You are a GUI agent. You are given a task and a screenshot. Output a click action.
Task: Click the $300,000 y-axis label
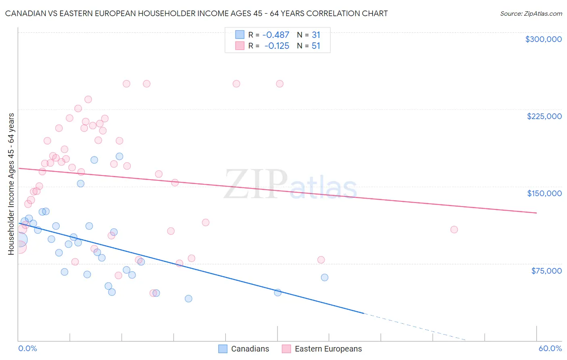coord(543,39)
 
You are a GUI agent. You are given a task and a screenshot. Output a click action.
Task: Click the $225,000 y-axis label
coord(544,116)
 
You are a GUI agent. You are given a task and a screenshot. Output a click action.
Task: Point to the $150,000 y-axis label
coord(544,193)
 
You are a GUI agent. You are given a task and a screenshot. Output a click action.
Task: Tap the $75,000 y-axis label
coord(546,271)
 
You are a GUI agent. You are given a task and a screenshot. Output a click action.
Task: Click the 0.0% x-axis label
coord(27,348)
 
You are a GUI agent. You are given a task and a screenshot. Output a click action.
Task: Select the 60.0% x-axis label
coord(550,348)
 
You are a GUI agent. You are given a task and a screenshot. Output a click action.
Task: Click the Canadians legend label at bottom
coord(250,349)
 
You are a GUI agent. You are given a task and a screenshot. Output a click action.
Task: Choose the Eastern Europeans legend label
coord(328,349)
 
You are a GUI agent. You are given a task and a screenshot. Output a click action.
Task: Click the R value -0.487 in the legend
coord(276,35)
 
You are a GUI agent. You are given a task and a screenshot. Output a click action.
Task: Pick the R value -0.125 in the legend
coord(277,46)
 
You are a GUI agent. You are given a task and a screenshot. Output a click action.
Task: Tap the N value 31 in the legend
coord(316,35)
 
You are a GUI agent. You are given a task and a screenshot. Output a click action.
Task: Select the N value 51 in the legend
coord(316,46)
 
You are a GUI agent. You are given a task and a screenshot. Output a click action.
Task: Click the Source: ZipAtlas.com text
coord(531,14)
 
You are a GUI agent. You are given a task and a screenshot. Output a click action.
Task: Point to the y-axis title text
coord(11,184)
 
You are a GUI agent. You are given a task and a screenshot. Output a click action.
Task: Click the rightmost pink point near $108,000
coord(454,230)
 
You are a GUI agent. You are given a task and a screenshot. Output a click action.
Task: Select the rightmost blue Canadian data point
coord(325,277)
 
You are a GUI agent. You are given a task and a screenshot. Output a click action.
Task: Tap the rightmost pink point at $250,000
coord(280,84)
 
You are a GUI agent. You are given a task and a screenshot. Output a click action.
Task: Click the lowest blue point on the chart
coord(188,299)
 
